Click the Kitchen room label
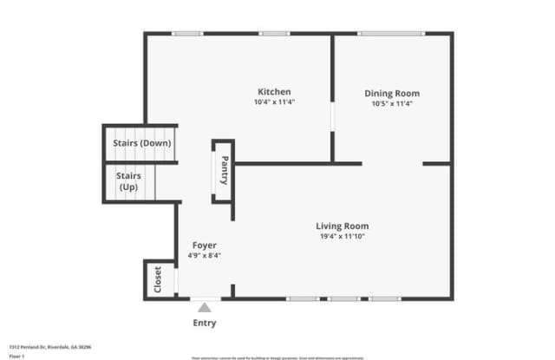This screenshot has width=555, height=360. click(274, 91)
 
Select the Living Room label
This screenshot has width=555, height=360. click(342, 226)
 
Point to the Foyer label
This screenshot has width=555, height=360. click(205, 245)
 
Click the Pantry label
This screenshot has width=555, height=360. click(224, 170)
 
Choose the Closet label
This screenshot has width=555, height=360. click(158, 280)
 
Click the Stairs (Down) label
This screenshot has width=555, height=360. click(142, 144)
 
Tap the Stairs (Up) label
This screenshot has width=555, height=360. click(130, 181)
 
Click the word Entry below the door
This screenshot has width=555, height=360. click(205, 324)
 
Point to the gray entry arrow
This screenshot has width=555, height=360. click(206, 306)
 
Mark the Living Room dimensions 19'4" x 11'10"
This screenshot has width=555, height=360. click(342, 238)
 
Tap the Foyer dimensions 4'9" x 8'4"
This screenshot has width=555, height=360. click(205, 257)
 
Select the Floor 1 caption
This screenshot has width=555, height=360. click(16, 356)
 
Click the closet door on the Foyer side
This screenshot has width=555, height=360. click(176, 280)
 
